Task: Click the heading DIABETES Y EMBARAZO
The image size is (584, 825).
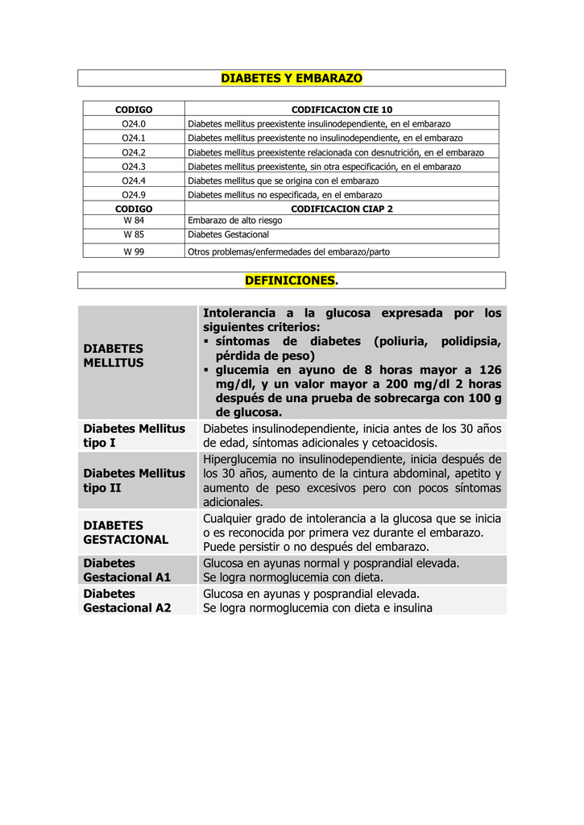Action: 292,78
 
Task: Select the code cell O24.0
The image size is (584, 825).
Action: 134,124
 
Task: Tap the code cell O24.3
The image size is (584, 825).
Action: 134,167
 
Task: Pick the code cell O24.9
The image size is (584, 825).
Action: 134,195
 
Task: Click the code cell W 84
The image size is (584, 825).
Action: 134,220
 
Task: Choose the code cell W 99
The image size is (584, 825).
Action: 134,251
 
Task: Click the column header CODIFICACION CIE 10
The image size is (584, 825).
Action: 342,110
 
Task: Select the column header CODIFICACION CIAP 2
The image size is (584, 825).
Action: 342,208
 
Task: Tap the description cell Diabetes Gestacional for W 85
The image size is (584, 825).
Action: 228,234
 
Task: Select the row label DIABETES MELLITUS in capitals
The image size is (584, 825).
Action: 114,355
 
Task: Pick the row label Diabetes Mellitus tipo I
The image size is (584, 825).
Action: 134,436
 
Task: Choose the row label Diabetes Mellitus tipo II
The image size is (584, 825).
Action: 134,480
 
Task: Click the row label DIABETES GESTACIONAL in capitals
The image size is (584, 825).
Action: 126,532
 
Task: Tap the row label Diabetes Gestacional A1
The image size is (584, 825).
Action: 127,570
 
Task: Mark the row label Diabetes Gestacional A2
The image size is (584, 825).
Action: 127,600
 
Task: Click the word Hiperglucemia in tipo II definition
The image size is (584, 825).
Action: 241,458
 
